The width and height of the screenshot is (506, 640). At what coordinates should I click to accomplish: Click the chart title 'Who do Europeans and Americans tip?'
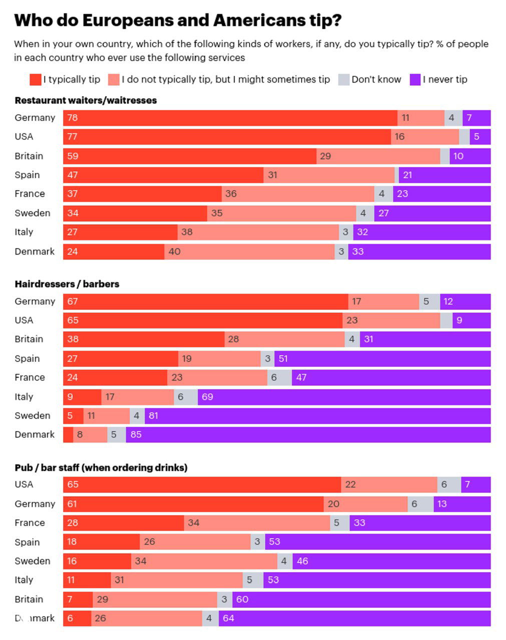pos(178,20)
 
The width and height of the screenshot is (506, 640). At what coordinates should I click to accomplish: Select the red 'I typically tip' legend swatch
pos(36,79)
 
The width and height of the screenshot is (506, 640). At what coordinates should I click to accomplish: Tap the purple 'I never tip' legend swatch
pos(415,79)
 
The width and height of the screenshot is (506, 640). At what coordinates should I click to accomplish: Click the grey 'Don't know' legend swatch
pos(344,79)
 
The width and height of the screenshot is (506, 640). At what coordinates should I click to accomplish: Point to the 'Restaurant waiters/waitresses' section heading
pos(86,100)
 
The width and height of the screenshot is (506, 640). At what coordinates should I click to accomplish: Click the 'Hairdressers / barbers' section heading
pos(67,284)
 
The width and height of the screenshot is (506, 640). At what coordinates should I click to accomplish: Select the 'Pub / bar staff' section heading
pos(101,467)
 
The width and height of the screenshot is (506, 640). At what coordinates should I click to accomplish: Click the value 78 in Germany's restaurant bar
pos(73,118)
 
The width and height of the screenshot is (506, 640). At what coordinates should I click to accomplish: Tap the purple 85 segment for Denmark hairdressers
pos(308,434)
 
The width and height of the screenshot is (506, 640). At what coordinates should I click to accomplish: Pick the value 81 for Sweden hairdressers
pos(154,415)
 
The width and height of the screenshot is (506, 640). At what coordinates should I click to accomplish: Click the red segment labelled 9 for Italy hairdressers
pos(82,397)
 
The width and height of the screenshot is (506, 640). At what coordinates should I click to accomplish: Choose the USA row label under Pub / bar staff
pos(24,484)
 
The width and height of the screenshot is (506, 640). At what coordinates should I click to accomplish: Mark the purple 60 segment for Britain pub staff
pos(368,599)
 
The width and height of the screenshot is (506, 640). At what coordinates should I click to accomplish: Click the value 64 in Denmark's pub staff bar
pos(228,618)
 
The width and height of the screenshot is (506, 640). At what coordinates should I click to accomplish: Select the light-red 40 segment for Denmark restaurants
pos(249,251)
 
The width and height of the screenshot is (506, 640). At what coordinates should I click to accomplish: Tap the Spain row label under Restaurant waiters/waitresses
pos(27,175)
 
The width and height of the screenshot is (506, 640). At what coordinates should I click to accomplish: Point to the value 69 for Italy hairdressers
pos(207,397)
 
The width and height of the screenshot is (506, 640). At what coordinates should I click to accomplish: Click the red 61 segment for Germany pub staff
pos(193,504)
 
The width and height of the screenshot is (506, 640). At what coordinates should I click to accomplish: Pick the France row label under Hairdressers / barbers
pos(30,377)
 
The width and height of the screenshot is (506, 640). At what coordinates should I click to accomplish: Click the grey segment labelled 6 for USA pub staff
pos(449,484)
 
